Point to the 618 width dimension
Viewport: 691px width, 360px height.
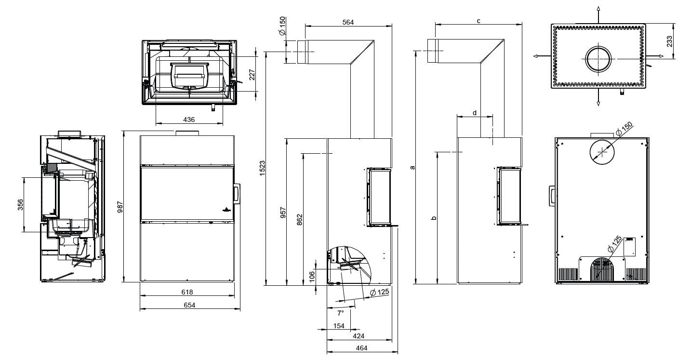point(187,292)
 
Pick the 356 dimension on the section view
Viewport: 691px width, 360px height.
point(20,204)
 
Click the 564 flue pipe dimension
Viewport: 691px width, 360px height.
point(347,22)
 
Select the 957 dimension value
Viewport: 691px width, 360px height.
point(283,213)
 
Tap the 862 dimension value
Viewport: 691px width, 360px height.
point(299,219)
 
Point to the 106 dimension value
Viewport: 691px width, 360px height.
point(311,276)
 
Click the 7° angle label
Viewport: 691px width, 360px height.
point(340,312)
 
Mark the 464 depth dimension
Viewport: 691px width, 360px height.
point(361,348)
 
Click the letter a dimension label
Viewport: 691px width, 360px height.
point(412,168)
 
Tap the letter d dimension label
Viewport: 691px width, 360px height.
point(474,113)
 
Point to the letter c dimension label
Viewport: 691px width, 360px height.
point(478,21)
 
